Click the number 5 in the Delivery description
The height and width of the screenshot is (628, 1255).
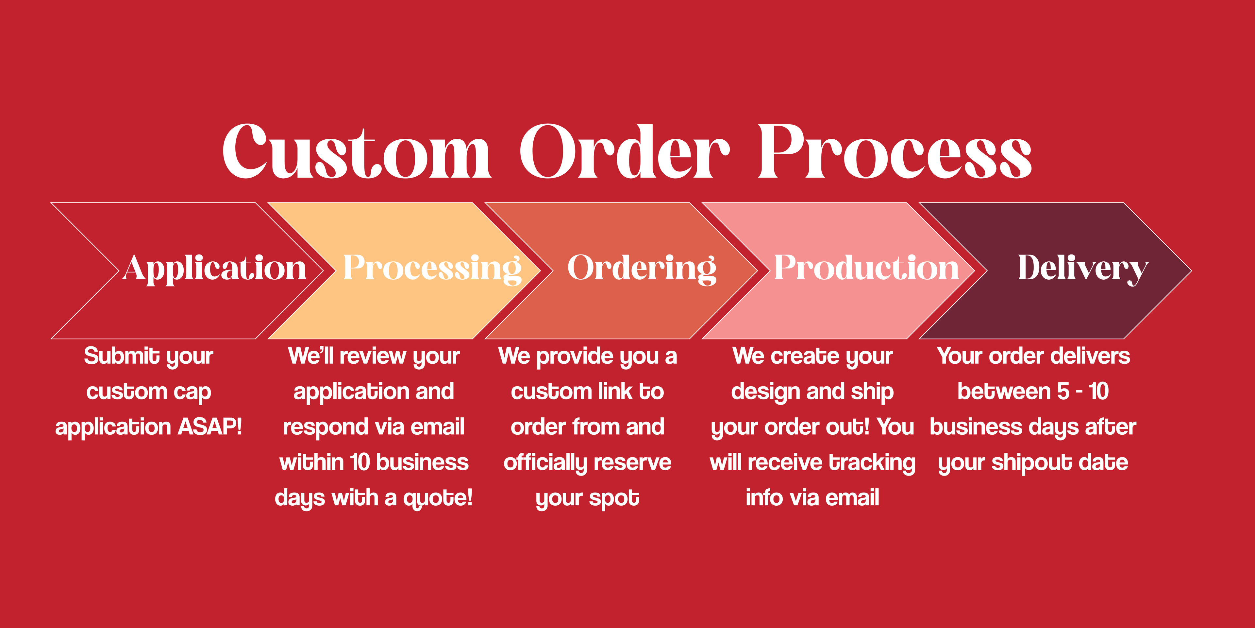tap(1063, 392)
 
